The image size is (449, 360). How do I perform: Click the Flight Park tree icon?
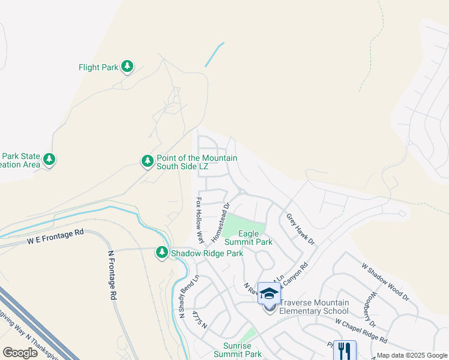(x=127, y=67)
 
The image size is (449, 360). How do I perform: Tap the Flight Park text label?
(x=98, y=67)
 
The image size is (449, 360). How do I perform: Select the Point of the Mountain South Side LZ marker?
(x=148, y=161)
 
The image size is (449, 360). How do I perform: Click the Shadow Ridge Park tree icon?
(x=161, y=253)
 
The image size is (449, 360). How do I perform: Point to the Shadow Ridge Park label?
(x=206, y=253)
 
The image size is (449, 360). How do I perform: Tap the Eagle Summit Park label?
(x=248, y=238)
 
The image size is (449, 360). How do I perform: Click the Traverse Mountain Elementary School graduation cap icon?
(x=269, y=293)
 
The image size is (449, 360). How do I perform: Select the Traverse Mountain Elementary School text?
(x=312, y=307)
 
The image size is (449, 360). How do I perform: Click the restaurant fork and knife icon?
(x=344, y=350)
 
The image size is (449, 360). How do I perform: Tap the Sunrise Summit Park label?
(x=234, y=350)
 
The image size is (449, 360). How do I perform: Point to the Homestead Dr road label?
(x=220, y=222)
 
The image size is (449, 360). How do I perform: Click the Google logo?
(x=20, y=352)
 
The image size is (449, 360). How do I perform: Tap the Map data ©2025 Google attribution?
(x=411, y=355)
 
